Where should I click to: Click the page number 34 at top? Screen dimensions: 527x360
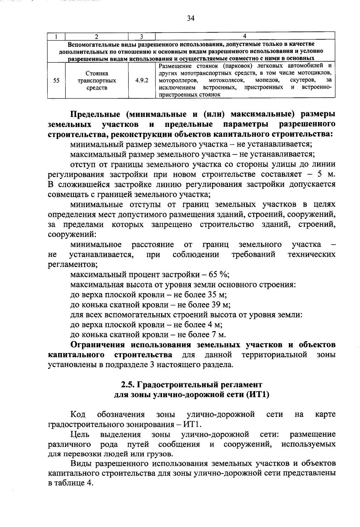tap(191, 19)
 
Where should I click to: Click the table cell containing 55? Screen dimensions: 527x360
tap(56, 80)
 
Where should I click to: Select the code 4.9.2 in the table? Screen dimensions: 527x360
tap(142, 80)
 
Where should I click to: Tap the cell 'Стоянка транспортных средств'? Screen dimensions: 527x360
tap(97, 80)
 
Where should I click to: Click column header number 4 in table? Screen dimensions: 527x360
tap(244, 36)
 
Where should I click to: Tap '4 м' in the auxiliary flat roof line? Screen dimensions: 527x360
tap(215, 325)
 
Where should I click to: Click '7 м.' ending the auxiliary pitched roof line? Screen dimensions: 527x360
tap(218, 335)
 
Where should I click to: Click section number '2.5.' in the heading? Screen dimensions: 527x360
tap(127, 385)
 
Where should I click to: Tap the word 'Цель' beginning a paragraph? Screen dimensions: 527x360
tap(79, 434)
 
